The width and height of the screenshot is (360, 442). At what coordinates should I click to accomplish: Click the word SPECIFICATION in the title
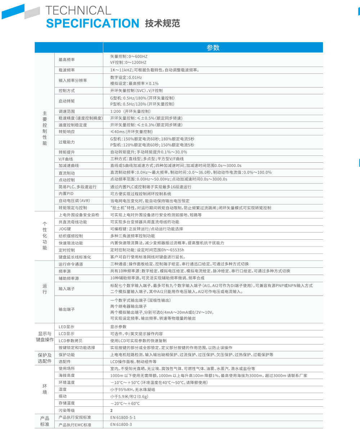coord(93,23)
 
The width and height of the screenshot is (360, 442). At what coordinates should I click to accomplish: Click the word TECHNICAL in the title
coord(78,10)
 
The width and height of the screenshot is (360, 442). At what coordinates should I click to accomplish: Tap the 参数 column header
coord(213,48)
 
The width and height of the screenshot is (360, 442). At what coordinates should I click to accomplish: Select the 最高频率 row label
coord(67,59)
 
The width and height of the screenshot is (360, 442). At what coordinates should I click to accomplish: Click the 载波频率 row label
coord(67,70)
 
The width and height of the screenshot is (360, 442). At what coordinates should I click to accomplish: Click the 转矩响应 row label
coord(67,132)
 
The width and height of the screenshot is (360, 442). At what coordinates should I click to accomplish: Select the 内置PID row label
coord(66,194)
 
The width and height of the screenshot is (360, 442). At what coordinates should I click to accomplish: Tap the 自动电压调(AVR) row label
coord(74,200)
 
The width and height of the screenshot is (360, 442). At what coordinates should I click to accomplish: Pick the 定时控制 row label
coord(67,250)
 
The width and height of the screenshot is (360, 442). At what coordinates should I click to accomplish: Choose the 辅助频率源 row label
coord(68,278)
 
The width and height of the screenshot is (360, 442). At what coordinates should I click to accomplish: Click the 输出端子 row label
coord(67,309)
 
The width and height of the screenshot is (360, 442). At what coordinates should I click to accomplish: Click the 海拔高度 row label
coord(67,375)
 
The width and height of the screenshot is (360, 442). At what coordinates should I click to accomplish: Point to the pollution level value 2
coord(112,410)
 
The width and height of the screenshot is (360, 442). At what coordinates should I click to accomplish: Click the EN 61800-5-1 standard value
coord(123,418)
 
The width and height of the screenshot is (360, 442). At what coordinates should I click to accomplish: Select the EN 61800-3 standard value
coord(121,425)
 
